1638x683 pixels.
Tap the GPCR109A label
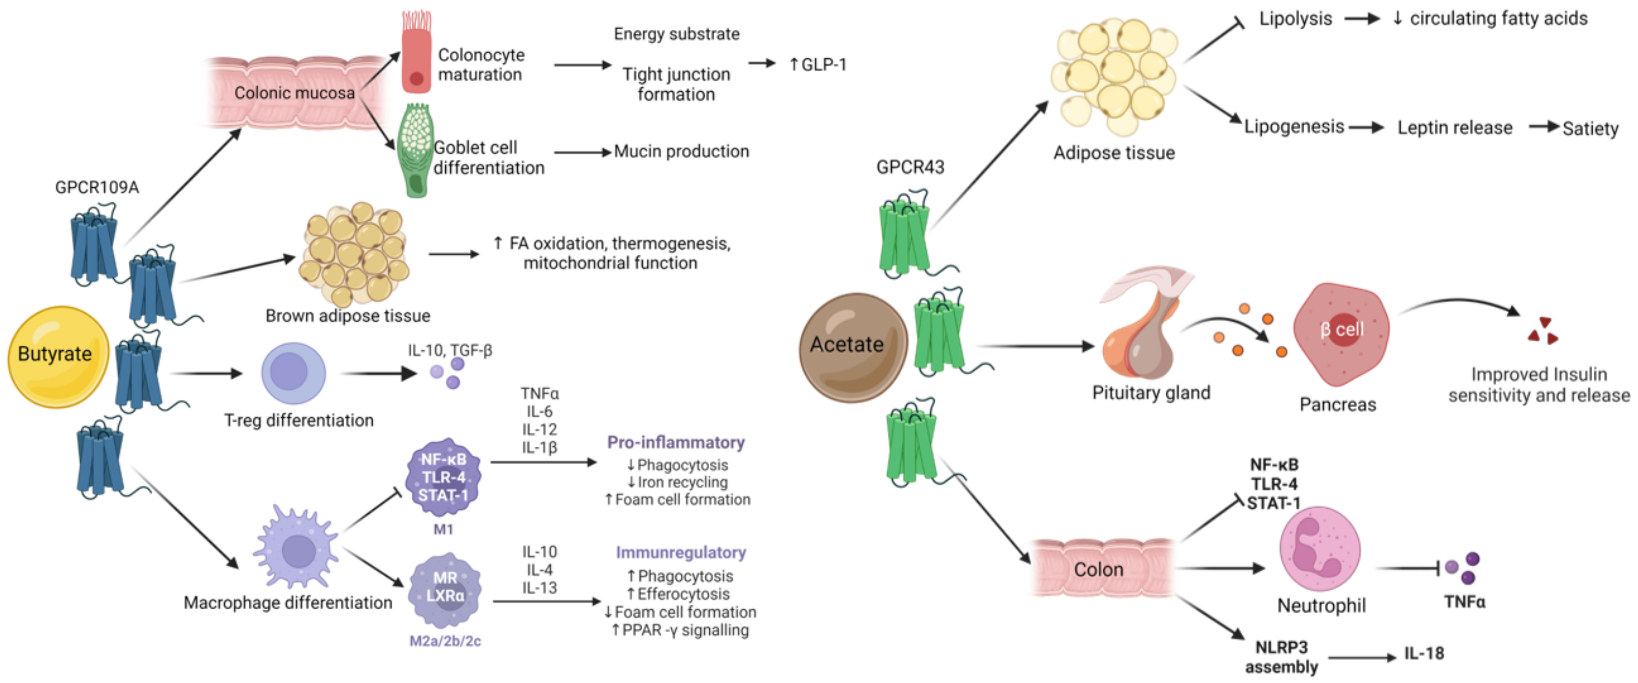[97, 187]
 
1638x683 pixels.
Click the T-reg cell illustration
[293, 373]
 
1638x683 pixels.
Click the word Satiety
[1590, 129]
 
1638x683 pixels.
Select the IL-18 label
[1424, 653]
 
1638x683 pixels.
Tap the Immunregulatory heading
[680, 552]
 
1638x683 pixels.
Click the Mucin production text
[681, 151]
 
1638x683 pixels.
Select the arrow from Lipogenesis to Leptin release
[1366, 128]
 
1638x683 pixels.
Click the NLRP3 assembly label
[1281, 657]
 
